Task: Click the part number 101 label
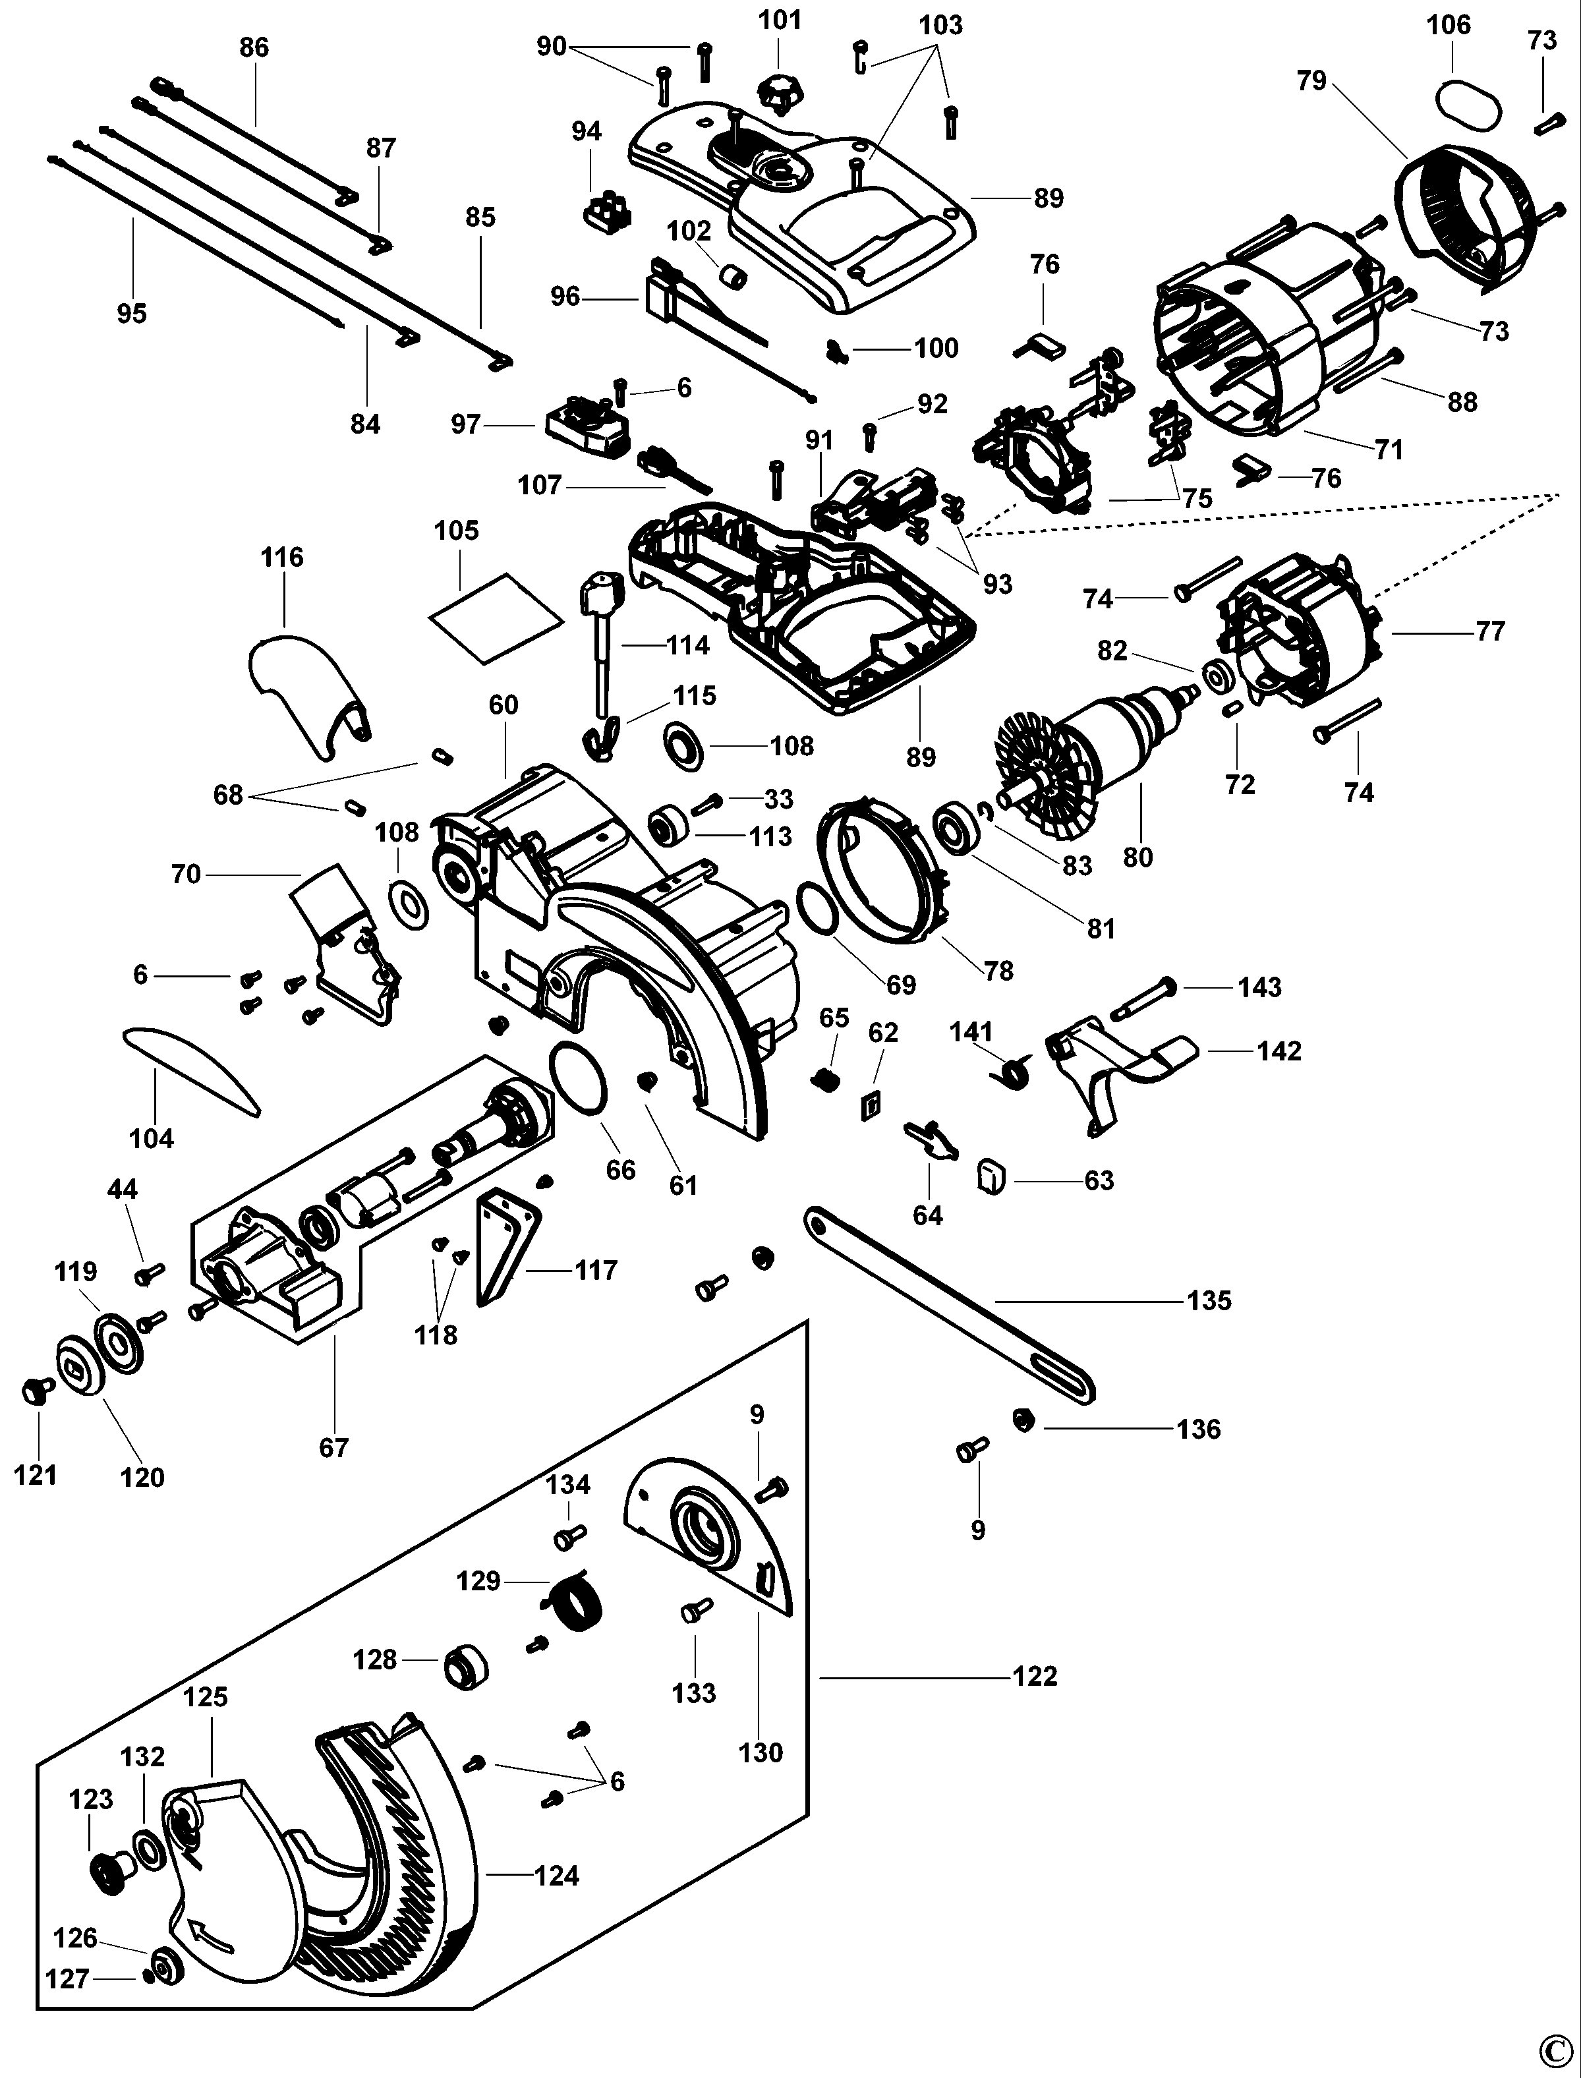(x=780, y=20)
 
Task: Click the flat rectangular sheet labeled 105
(x=495, y=616)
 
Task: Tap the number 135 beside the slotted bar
(x=1209, y=1300)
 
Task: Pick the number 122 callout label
(x=1035, y=1676)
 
